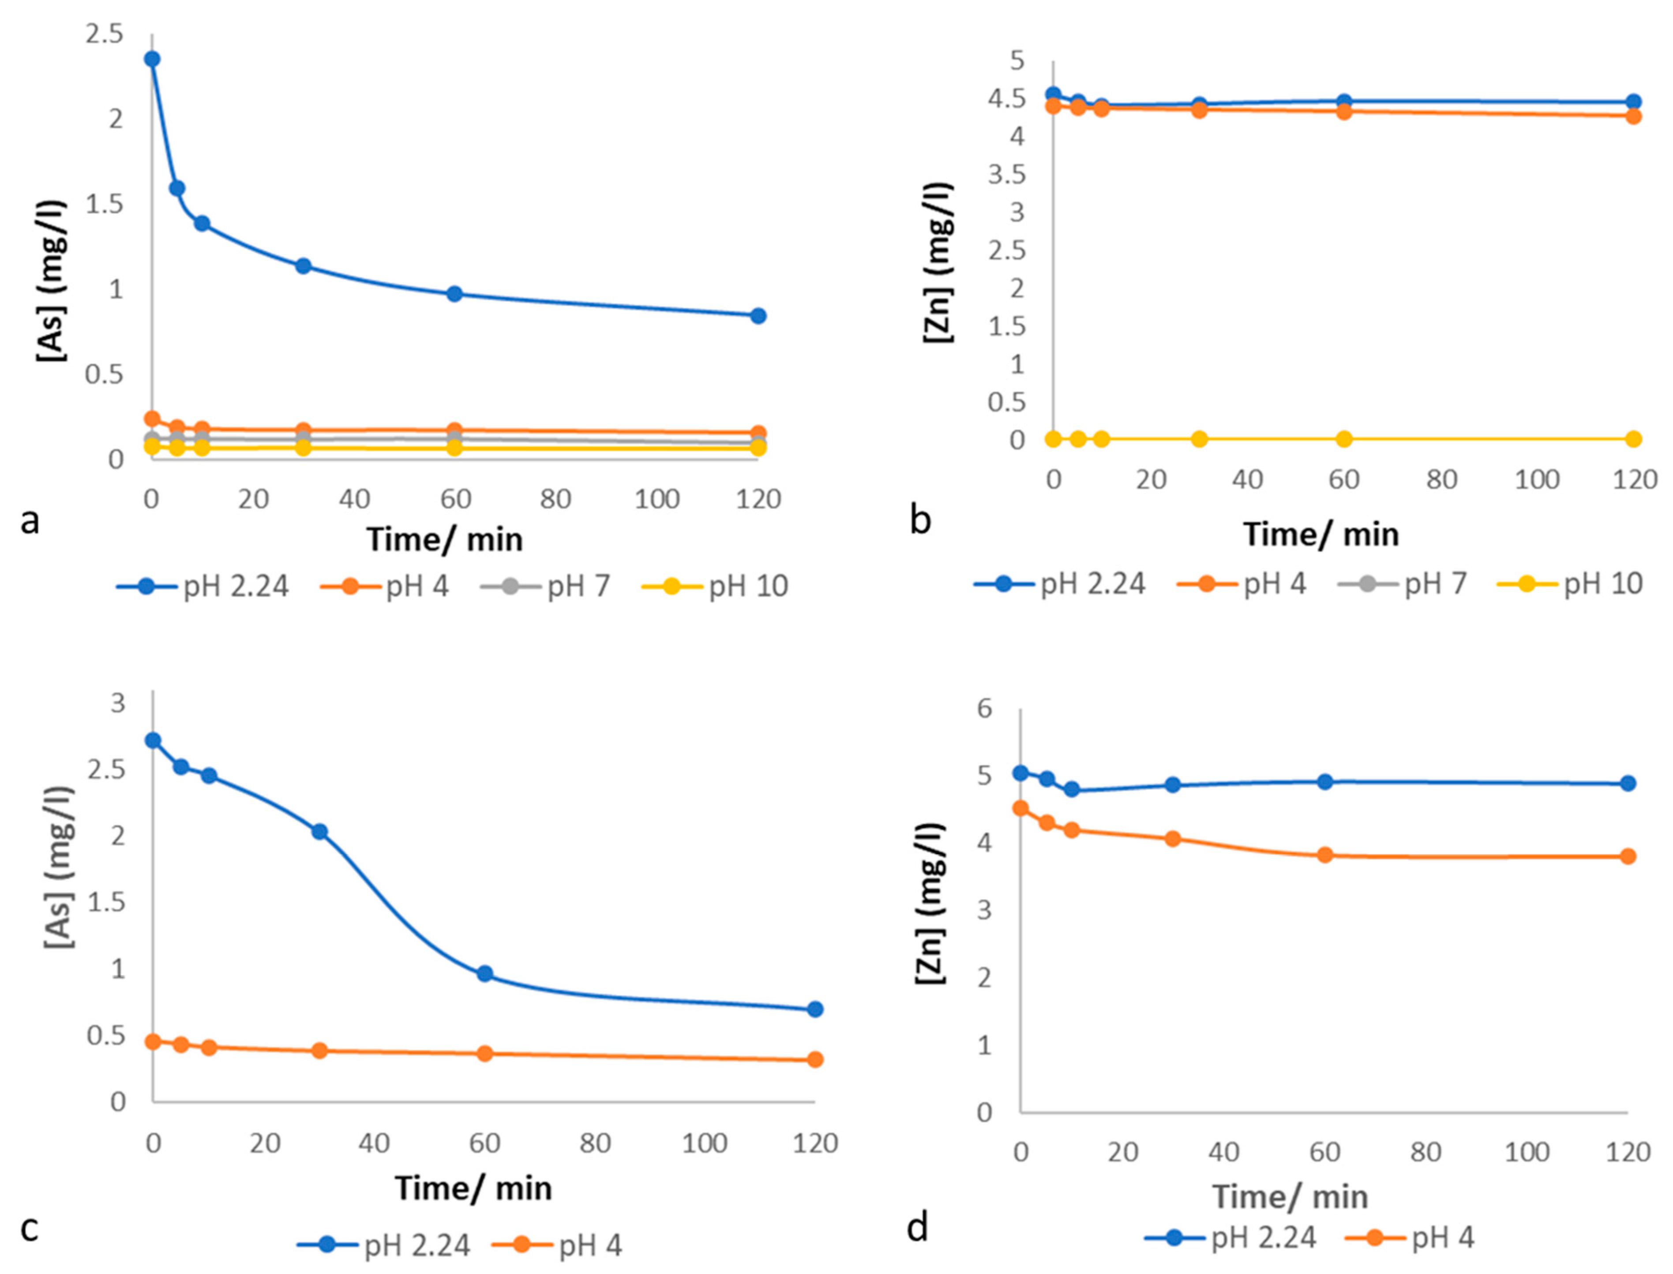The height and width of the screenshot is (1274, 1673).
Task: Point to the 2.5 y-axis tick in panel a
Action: click(x=105, y=34)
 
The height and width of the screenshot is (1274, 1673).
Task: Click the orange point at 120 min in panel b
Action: click(x=1634, y=116)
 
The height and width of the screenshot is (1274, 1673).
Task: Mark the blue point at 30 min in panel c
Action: click(x=319, y=832)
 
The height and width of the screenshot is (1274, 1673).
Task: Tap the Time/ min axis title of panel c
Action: click(x=473, y=1188)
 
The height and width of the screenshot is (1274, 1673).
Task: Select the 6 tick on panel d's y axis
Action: click(x=984, y=708)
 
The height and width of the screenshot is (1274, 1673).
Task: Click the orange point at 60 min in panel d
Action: click(x=1325, y=855)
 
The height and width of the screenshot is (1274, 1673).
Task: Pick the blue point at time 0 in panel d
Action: click(x=1020, y=773)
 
